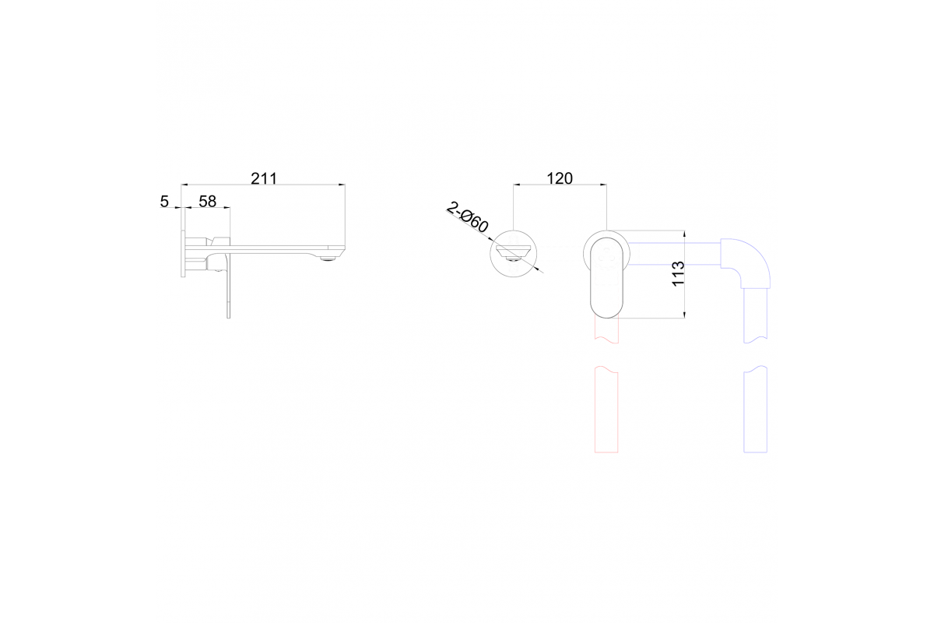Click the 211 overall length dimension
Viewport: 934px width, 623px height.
pos(264,178)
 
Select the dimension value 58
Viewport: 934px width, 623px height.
pos(207,202)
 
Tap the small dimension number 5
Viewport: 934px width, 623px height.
pos(164,202)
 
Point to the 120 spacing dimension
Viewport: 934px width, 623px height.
pos(560,178)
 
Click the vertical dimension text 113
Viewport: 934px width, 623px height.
pos(679,274)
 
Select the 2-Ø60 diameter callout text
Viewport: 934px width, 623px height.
pos(468,217)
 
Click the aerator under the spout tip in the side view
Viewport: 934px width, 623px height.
pos(329,259)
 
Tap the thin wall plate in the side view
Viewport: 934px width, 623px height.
pos(183,253)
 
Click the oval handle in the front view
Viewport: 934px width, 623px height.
pos(606,278)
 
